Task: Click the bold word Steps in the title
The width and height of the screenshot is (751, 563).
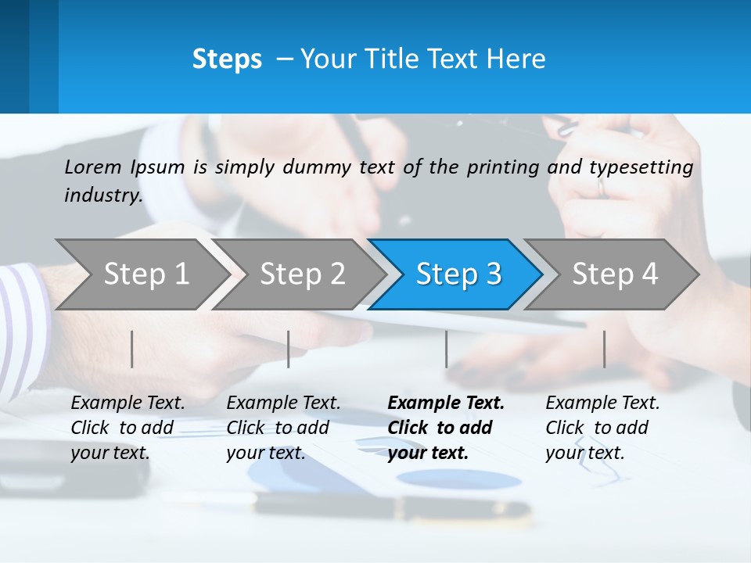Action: pos(227,59)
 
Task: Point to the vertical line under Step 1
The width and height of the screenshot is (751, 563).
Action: pos(132,349)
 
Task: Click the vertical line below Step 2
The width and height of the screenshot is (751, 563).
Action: pos(289,349)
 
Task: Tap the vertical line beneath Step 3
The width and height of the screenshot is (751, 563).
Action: pos(446,349)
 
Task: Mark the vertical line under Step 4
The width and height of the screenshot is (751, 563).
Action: pos(604,349)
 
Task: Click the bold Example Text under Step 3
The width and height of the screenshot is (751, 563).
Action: pos(446,403)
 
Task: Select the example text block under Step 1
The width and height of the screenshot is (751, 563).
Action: pos(128,428)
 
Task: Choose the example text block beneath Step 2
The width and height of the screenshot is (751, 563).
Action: pos(283,428)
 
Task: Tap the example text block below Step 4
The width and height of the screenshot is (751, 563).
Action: pos(602,428)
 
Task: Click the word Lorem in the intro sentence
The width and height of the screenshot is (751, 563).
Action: pos(93,167)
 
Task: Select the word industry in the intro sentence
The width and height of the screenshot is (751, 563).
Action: pos(102,195)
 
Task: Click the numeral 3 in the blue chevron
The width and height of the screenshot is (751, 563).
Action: pos(493,274)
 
